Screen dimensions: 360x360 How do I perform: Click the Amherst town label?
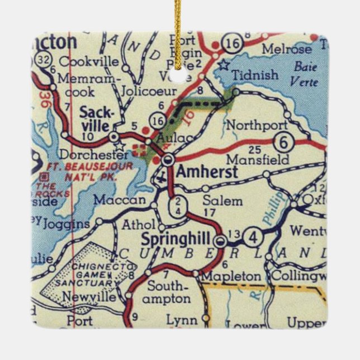[206, 173]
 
